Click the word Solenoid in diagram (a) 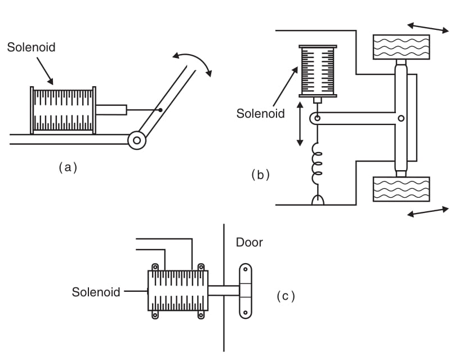pos(31,47)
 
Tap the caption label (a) pos(68,167)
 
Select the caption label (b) pos(260,175)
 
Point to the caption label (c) pos(286,295)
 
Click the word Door pos(249,243)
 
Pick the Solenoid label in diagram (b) pos(261,113)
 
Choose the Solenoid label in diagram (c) pos(96,292)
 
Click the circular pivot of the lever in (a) pos(136,140)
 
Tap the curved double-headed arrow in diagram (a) pos(192,61)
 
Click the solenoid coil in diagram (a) pos(63,109)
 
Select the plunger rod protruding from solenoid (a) pos(111,109)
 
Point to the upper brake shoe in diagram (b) pos(401,47)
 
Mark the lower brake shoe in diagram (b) pos(401,189)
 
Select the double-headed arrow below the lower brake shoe pos(428,212)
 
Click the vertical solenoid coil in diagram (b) pos(318,70)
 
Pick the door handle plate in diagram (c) pos(246,291)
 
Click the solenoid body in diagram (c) pos(177,291)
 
